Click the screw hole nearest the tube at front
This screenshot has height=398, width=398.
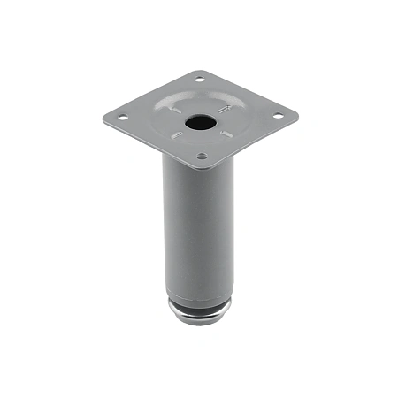(202, 156)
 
